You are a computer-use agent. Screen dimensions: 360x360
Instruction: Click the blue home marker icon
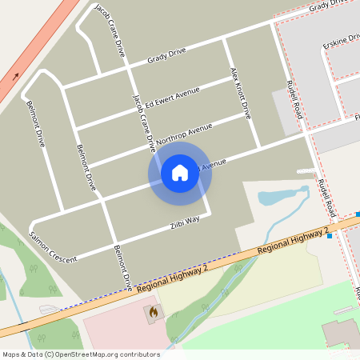click(180, 172)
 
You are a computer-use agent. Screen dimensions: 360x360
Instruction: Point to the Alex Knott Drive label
click(240, 92)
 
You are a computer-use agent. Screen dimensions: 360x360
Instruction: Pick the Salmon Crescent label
click(53, 247)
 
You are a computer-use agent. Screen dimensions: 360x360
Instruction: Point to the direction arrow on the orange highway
click(16, 78)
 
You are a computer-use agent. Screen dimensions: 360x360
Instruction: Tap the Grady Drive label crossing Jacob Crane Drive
click(166, 56)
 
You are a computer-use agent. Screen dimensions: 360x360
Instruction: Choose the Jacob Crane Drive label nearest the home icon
click(143, 122)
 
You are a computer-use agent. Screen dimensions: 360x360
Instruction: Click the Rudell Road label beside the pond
click(324, 198)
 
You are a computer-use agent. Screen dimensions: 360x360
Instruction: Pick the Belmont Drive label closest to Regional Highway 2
click(122, 266)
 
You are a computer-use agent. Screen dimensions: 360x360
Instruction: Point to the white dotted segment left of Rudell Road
click(305, 170)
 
